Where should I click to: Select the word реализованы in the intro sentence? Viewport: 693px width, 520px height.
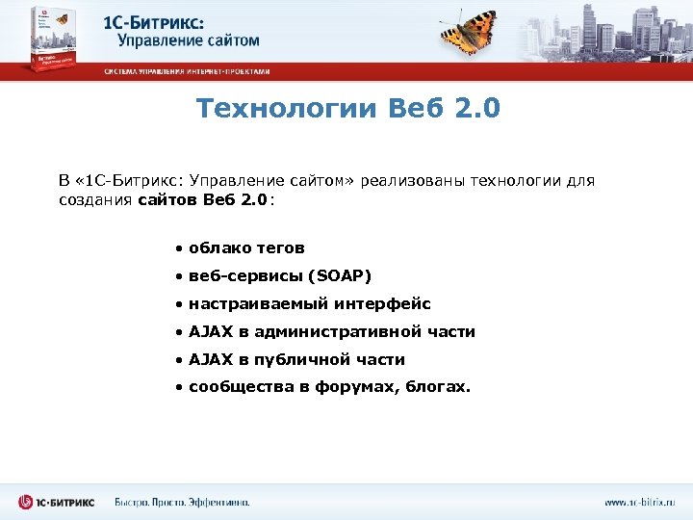[x=411, y=180]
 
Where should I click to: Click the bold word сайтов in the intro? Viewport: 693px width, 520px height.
[x=169, y=199]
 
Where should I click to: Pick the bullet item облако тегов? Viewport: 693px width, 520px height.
[x=246, y=248]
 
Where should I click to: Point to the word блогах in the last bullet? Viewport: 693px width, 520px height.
[x=442, y=388]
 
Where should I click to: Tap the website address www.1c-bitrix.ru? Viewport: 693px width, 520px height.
[x=640, y=502]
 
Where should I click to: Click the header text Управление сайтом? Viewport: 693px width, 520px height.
[x=189, y=40]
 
